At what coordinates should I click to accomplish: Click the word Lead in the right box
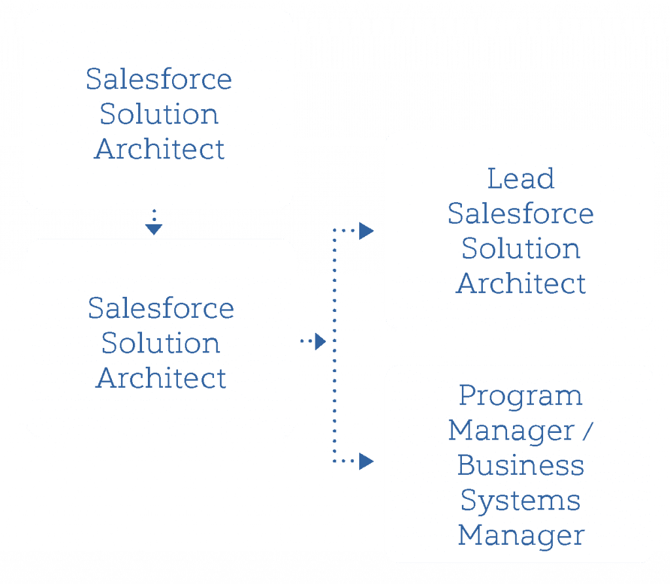point(521,179)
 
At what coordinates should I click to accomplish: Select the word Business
point(520,466)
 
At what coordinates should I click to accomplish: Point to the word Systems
point(520,502)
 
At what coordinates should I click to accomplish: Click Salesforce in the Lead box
point(520,214)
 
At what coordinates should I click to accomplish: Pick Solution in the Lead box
point(520,249)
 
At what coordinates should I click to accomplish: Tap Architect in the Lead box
point(520,284)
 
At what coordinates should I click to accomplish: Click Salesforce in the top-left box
point(159,80)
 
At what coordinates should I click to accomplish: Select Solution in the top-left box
point(159,114)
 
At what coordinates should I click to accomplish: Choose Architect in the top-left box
point(159,149)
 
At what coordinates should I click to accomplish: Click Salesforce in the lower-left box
point(161,308)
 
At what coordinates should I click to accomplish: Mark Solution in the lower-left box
point(161,343)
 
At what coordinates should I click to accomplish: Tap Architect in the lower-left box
point(161,378)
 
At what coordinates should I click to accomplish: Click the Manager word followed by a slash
point(508,431)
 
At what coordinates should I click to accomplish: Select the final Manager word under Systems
point(520,536)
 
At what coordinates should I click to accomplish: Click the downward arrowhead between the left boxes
point(154,228)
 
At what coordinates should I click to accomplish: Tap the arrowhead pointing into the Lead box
point(366,232)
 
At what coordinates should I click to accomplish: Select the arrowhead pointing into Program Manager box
point(366,462)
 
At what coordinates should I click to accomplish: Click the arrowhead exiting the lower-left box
point(319,341)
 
